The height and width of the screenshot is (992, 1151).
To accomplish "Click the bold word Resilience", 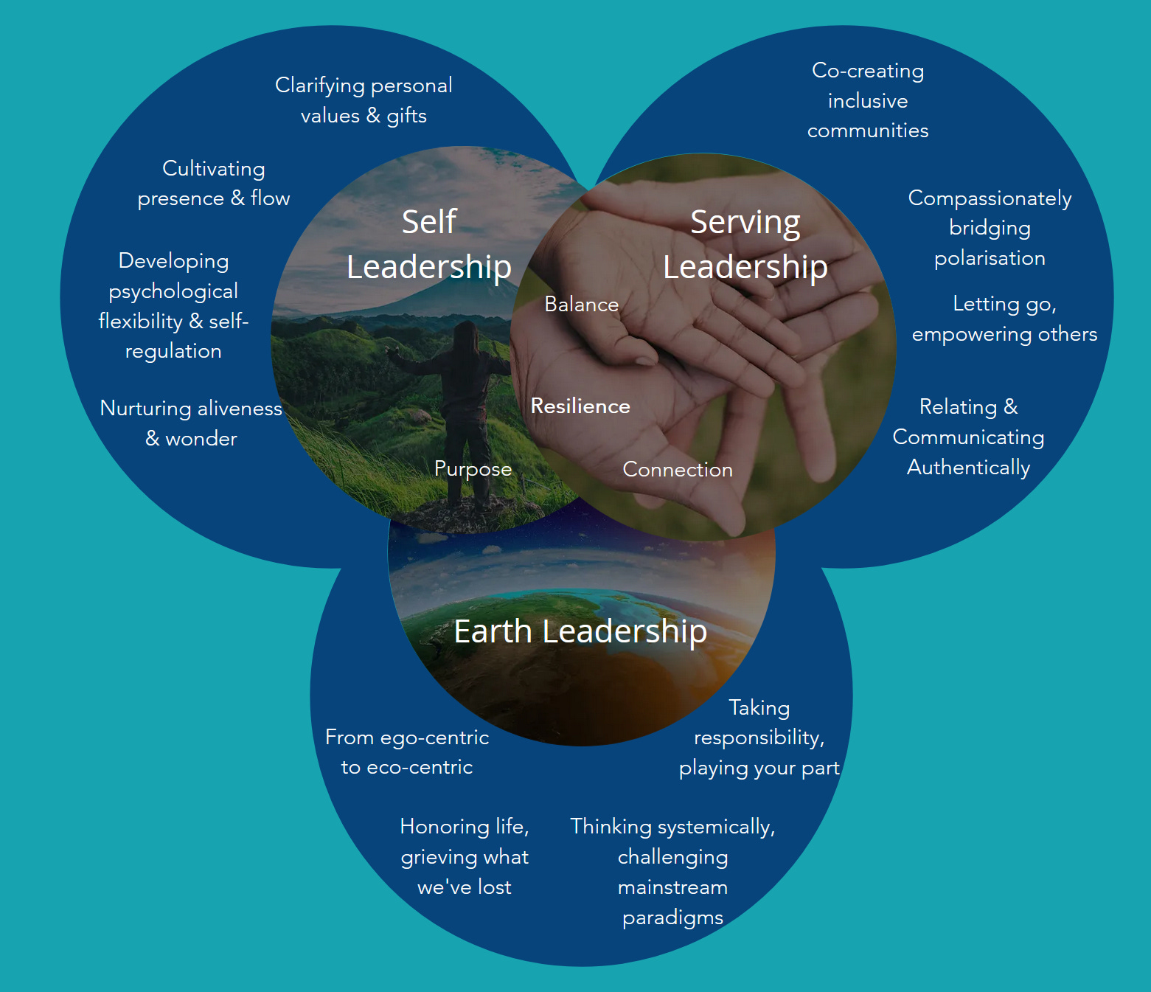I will tap(580, 406).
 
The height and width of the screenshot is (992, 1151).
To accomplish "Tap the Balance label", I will tap(581, 305).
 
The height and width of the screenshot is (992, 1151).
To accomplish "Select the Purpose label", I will tap(473, 469).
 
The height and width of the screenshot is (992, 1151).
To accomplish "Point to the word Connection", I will tap(678, 470).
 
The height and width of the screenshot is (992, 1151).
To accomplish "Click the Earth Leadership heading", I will tap(580, 631).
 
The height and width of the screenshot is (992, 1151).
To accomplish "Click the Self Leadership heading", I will tap(429, 245).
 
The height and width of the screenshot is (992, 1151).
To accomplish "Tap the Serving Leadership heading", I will tap(745, 245).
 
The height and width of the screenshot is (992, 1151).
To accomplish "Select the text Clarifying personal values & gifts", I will tap(364, 100).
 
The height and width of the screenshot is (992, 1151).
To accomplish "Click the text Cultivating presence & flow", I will tap(214, 184).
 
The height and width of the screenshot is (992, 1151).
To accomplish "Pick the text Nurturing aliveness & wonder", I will tap(191, 423).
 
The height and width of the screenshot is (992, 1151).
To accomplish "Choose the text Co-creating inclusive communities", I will tap(868, 100).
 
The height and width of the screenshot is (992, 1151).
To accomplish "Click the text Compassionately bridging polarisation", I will tap(990, 228).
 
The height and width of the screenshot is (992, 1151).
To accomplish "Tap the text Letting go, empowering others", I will tap(1004, 319).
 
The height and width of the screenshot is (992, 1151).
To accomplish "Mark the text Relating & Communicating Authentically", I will tap(968, 437).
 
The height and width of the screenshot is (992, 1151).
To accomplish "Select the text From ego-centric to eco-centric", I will tap(407, 752).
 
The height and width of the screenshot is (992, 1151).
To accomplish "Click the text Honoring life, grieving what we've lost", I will tap(465, 856).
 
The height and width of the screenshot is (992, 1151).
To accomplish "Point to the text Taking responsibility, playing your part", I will tap(759, 738).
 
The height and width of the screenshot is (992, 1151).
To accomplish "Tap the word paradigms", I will tap(672, 918).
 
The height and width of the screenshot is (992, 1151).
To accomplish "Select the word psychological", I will tap(173, 291).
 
